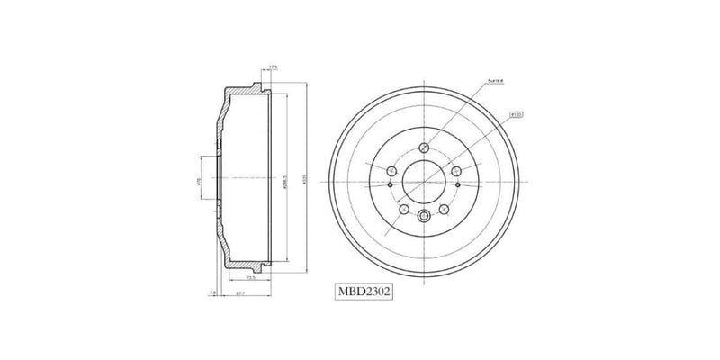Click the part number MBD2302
(x=364, y=291)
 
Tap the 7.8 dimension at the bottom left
(x=212, y=292)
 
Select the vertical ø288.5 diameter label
(x=283, y=180)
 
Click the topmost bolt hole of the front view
(x=423, y=147)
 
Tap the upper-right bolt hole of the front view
(x=456, y=171)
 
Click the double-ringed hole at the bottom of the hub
(x=423, y=214)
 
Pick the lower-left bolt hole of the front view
(x=403, y=209)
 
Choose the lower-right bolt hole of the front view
(x=444, y=209)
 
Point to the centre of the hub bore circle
(x=423, y=181)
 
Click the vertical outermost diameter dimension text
(x=306, y=180)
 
